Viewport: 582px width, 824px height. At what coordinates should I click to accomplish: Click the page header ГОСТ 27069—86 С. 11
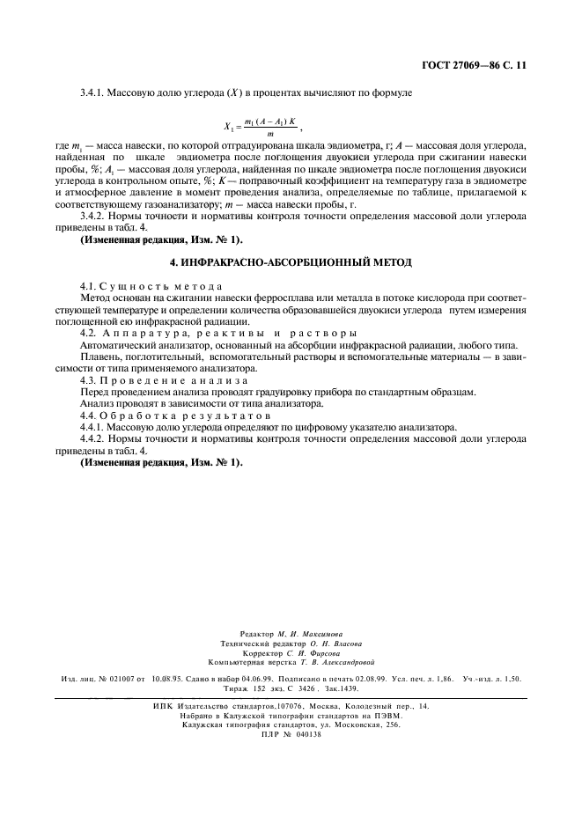point(476,65)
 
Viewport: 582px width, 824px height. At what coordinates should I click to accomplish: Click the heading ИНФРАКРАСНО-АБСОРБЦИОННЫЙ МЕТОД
point(290,263)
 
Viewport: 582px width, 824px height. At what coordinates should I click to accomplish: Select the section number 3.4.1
point(94,92)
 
